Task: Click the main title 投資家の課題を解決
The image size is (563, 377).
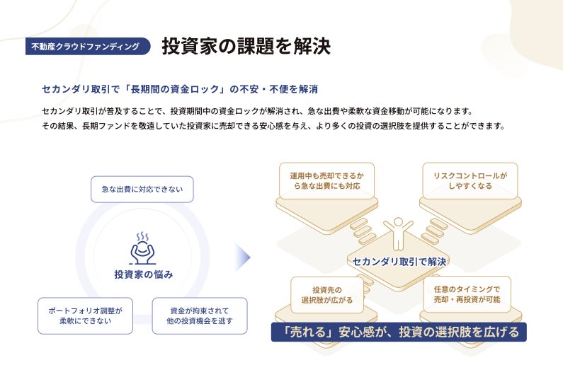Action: [x=246, y=47]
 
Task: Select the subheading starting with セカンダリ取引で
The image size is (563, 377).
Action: [x=180, y=89]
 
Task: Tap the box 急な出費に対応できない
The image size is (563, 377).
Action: [x=142, y=190]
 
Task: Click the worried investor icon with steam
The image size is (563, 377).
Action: [x=142, y=248]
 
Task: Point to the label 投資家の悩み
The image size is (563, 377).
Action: [x=143, y=274]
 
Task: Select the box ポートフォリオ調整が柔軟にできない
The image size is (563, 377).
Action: [x=85, y=315]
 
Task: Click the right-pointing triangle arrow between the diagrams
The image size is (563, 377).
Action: [x=244, y=258]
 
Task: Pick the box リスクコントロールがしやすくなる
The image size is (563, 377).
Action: [x=470, y=180]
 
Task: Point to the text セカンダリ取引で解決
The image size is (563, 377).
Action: [x=399, y=261]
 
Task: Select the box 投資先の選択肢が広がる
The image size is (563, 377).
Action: [x=327, y=295]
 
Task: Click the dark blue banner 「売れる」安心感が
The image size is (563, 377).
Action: [x=399, y=332]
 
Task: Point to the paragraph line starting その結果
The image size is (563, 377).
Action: [x=273, y=126]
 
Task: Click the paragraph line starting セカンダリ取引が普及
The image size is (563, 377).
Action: [x=256, y=111]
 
